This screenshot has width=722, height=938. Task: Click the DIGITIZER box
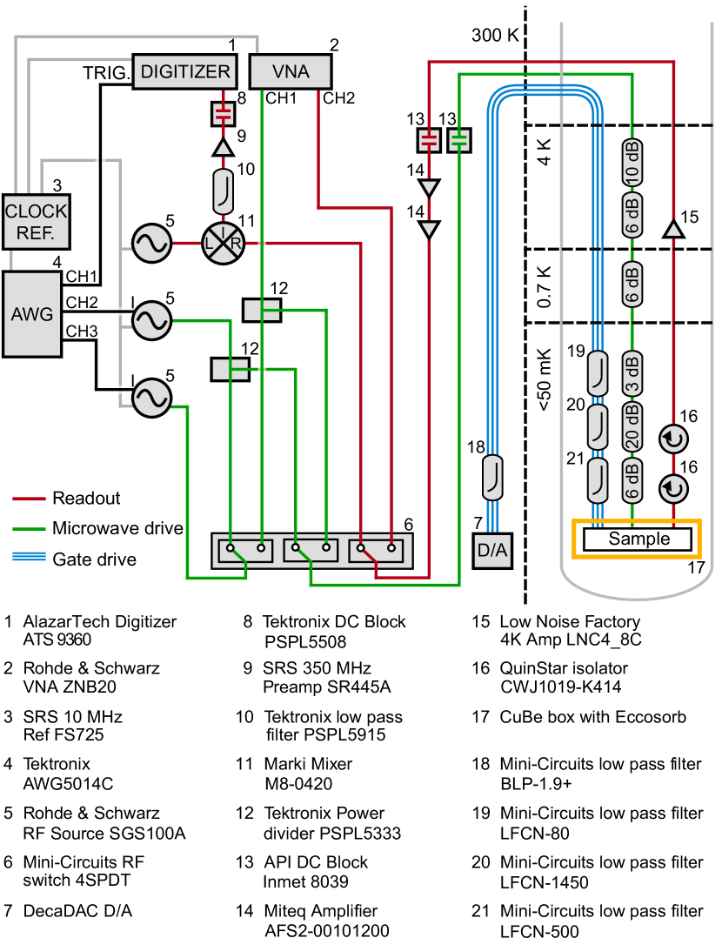[x=185, y=71]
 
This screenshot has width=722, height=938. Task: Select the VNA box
[x=291, y=71]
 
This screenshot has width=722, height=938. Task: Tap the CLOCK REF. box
[x=36, y=222]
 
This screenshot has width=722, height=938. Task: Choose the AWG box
[x=32, y=314]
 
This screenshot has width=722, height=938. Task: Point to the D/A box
[x=492, y=550]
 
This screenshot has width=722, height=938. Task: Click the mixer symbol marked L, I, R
[x=223, y=243]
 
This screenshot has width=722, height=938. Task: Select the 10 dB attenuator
[x=632, y=162]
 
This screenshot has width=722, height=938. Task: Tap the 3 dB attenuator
[x=632, y=374]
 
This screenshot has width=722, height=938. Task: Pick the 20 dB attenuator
[x=632, y=426]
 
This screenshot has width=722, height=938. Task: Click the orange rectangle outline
[x=637, y=539]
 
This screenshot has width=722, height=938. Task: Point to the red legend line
[x=29, y=499]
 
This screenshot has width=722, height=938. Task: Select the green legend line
[x=29, y=528]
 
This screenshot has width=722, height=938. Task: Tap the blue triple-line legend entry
[x=29, y=556]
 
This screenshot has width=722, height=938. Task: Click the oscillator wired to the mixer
[x=151, y=243]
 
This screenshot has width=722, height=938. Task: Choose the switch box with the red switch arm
[x=376, y=551]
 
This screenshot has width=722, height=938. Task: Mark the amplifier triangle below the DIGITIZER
[x=224, y=148]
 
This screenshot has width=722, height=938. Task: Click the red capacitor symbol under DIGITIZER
[x=224, y=114]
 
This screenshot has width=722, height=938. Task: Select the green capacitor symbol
[x=459, y=140]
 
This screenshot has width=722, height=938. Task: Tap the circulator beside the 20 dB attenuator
[x=673, y=439]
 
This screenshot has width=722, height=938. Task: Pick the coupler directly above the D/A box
[x=492, y=478]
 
